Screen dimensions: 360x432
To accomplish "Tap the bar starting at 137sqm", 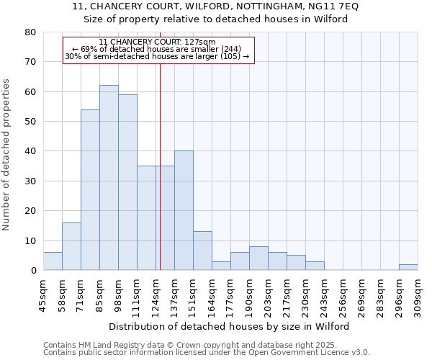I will [184, 210].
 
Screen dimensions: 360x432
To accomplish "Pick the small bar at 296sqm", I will [408, 267].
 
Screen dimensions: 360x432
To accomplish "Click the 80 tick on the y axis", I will [30, 32].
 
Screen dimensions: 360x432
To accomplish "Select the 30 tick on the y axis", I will [30, 181].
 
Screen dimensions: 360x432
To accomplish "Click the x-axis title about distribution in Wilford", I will [230, 326].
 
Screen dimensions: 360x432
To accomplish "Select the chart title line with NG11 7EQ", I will [215, 6].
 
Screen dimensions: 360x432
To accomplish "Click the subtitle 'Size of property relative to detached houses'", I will [215, 19].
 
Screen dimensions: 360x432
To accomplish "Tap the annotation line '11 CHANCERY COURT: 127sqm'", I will [158, 42].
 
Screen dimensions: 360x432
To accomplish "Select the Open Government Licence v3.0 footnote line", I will [206, 352].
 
